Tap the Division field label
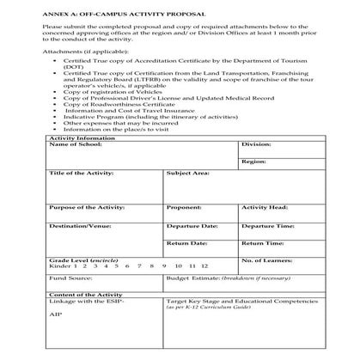pyautogui.click(x=256, y=145)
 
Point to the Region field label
pyautogui.click(x=253, y=162)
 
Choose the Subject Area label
pyautogui.click(x=188, y=174)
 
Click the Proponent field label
pyautogui.click(x=184, y=208)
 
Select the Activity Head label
pyautogui.click(x=264, y=208)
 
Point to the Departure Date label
pyautogui.click(x=192, y=226)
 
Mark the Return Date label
pyautogui.click(x=187, y=244)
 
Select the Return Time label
pyautogui.click(x=263, y=244)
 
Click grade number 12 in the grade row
pyautogui.click(x=204, y=267)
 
